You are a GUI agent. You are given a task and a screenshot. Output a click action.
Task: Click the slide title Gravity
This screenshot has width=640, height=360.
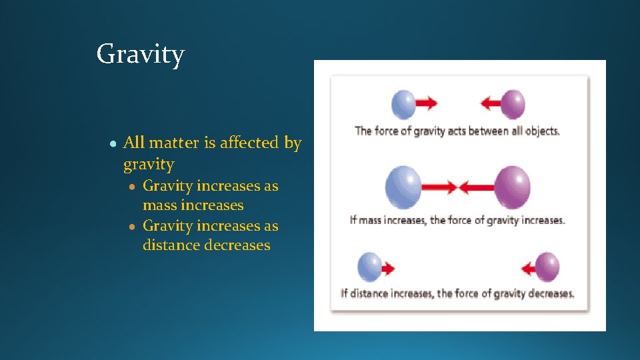click(140, 54)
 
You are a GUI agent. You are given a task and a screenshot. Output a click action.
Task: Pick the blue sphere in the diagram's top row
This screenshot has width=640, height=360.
click(403, 104)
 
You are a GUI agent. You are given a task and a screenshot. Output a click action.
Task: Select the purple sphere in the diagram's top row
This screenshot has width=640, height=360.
click(513, 104)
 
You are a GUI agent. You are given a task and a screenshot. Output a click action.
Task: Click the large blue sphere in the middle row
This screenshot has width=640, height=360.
click(403, 187)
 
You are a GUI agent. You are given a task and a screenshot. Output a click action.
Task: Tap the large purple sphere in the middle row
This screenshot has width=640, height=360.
click(512, 187)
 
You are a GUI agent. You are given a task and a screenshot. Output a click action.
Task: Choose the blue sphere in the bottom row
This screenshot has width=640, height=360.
click(369, 267)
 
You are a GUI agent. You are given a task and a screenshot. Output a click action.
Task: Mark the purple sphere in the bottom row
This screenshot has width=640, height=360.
click(547, 267)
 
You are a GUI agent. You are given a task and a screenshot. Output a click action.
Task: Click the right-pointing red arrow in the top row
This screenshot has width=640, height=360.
click(427, 103)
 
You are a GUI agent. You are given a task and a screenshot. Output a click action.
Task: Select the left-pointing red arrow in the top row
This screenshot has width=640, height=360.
click(490, 103)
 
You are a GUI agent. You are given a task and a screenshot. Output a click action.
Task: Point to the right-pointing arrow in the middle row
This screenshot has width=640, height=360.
click(440, 187)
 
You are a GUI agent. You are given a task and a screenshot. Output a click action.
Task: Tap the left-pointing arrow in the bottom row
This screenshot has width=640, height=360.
click(529, 269)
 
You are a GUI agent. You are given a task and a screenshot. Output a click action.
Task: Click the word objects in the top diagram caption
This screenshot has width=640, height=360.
click(542, 131)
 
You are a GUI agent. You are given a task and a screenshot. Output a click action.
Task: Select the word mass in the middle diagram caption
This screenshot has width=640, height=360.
click(371, 220)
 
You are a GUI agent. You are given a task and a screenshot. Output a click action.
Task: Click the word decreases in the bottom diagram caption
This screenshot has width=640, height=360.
click(551, 293)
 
